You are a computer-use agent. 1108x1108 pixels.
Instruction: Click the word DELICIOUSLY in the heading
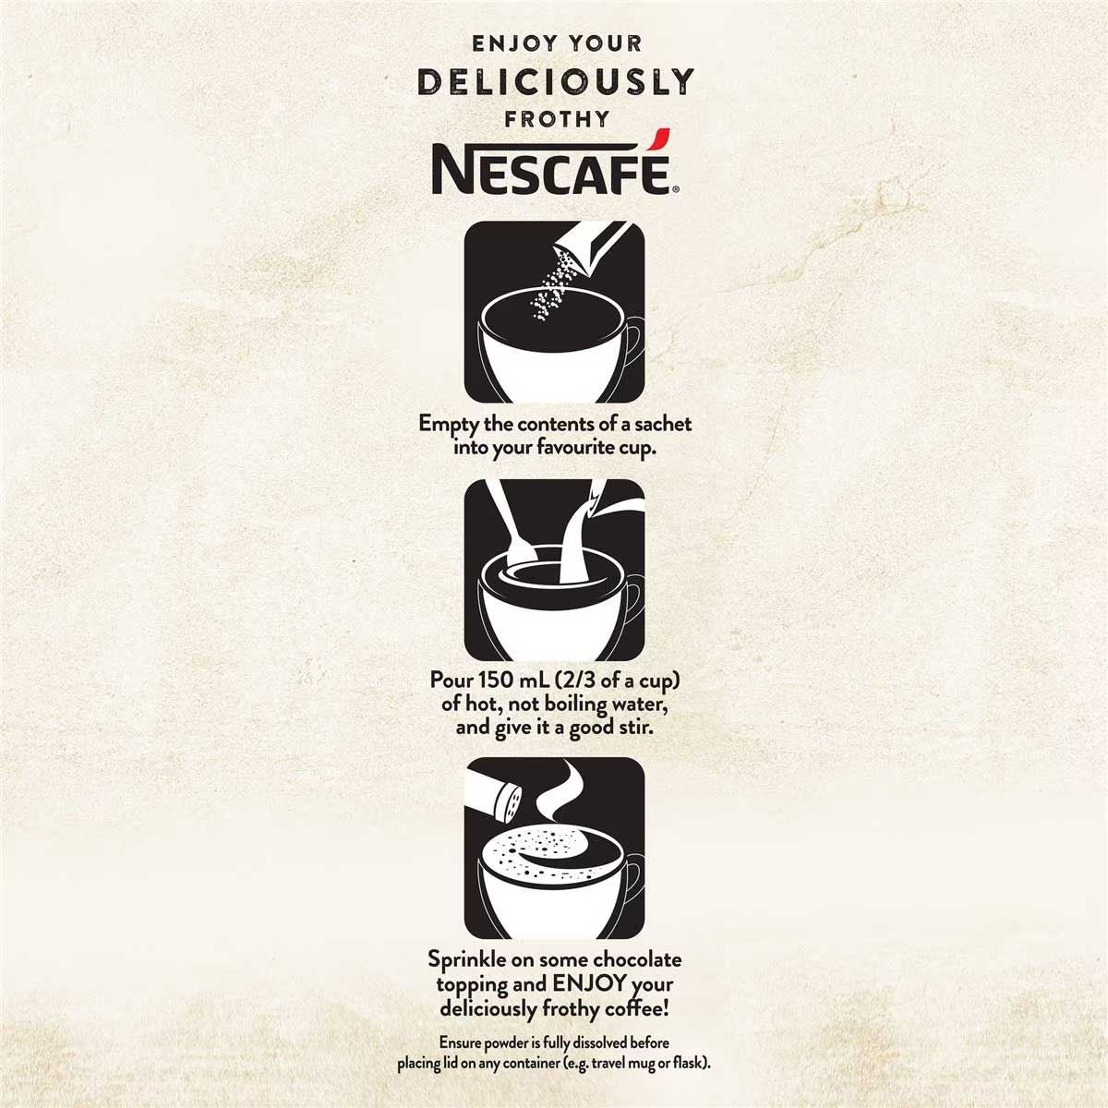556,82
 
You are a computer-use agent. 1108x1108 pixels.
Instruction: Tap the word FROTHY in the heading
556,118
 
